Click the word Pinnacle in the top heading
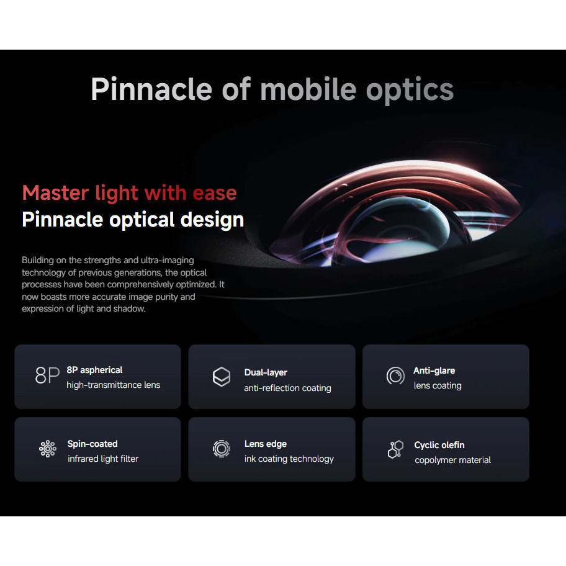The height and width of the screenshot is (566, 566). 151,89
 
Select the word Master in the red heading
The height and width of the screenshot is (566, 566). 55,193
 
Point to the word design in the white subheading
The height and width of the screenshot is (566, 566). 212,220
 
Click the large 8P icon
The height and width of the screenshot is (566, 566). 47,375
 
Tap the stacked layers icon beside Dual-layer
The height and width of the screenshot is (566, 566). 222,377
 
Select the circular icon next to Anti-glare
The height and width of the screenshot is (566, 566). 395,375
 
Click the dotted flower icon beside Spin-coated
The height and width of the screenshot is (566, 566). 48,449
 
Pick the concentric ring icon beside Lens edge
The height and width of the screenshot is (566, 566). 222,449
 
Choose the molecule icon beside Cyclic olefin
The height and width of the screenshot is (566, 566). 395,449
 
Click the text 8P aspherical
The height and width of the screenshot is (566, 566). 94,370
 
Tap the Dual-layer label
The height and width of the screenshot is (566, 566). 266,372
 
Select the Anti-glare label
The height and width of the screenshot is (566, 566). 434,371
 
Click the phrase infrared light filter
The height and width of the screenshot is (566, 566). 103,459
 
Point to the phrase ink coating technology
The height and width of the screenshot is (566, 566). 289,459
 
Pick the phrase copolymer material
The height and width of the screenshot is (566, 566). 452,460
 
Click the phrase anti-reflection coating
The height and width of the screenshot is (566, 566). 288,388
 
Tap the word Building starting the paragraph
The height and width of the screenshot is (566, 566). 38,260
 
